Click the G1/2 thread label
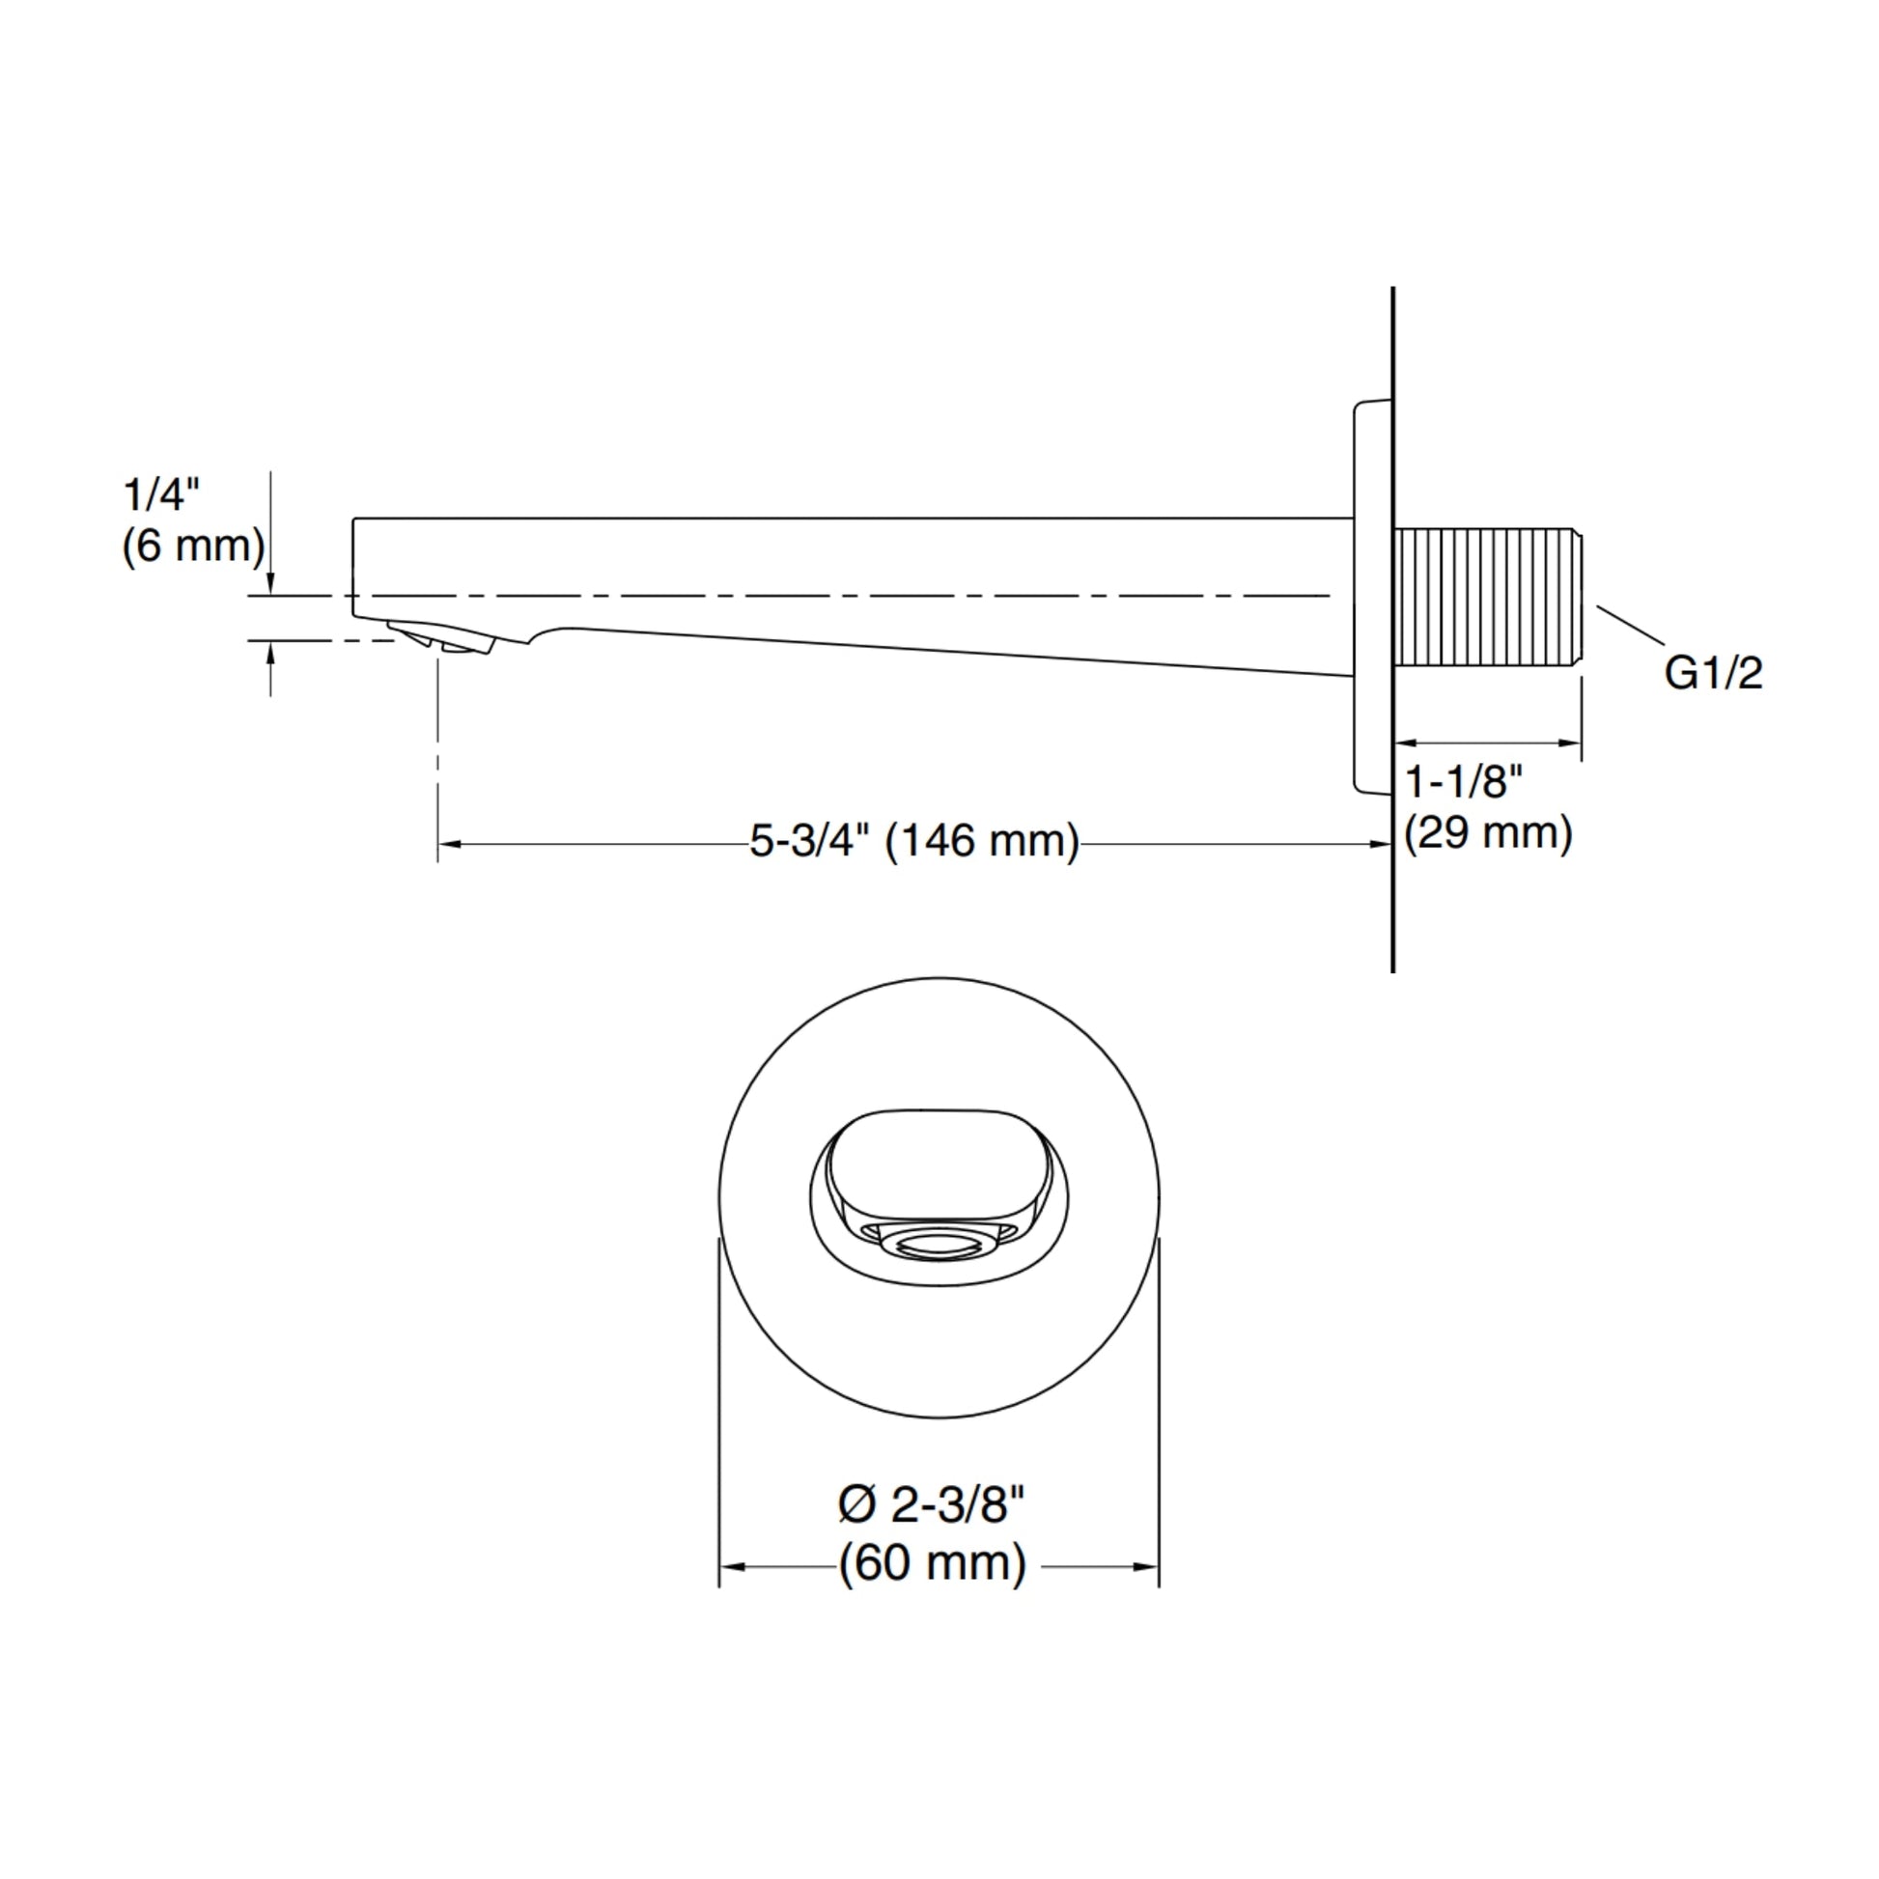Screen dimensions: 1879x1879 pyautogui.click(x=1713, y=673)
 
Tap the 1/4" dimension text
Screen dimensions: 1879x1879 pyautogui.click(x=161, y=495)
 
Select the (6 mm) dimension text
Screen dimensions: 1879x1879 pyautogui.click(x=193, y=546)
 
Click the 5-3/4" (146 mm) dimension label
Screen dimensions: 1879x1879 pyautogui.click(x=914, y=840)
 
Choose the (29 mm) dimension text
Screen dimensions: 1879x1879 pyautogui.click(x=1488, y=832)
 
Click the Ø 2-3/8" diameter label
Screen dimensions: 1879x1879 pyautogui.click(x=932, y=1505)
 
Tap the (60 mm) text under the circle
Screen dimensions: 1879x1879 pyautogui.click(x=933, y=1564)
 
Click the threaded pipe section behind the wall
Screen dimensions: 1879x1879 pyautogui.click(x=1487, y=597)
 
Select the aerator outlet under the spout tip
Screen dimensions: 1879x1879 pyautogui.click(x=442, y=639)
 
